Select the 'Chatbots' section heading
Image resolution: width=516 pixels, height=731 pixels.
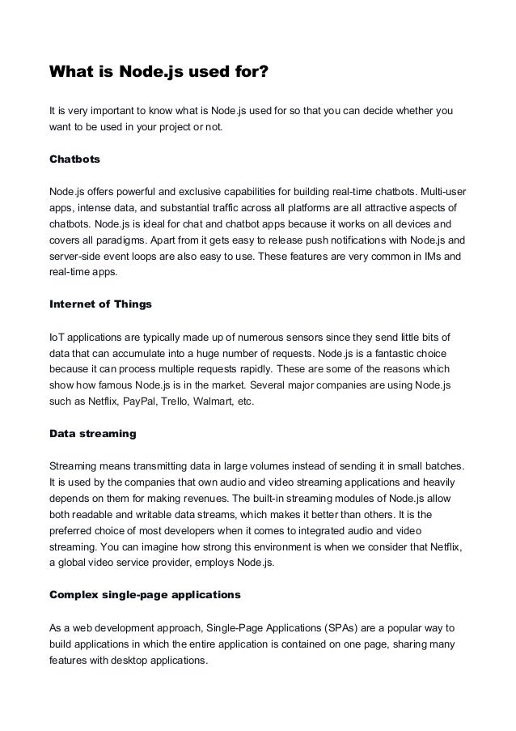tap(75, 159)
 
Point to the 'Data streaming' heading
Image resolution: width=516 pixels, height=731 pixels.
tap(93, 434)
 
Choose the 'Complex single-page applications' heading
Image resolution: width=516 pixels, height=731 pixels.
tap(146, 595)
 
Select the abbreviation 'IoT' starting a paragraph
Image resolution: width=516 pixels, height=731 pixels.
tap(57, 336)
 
